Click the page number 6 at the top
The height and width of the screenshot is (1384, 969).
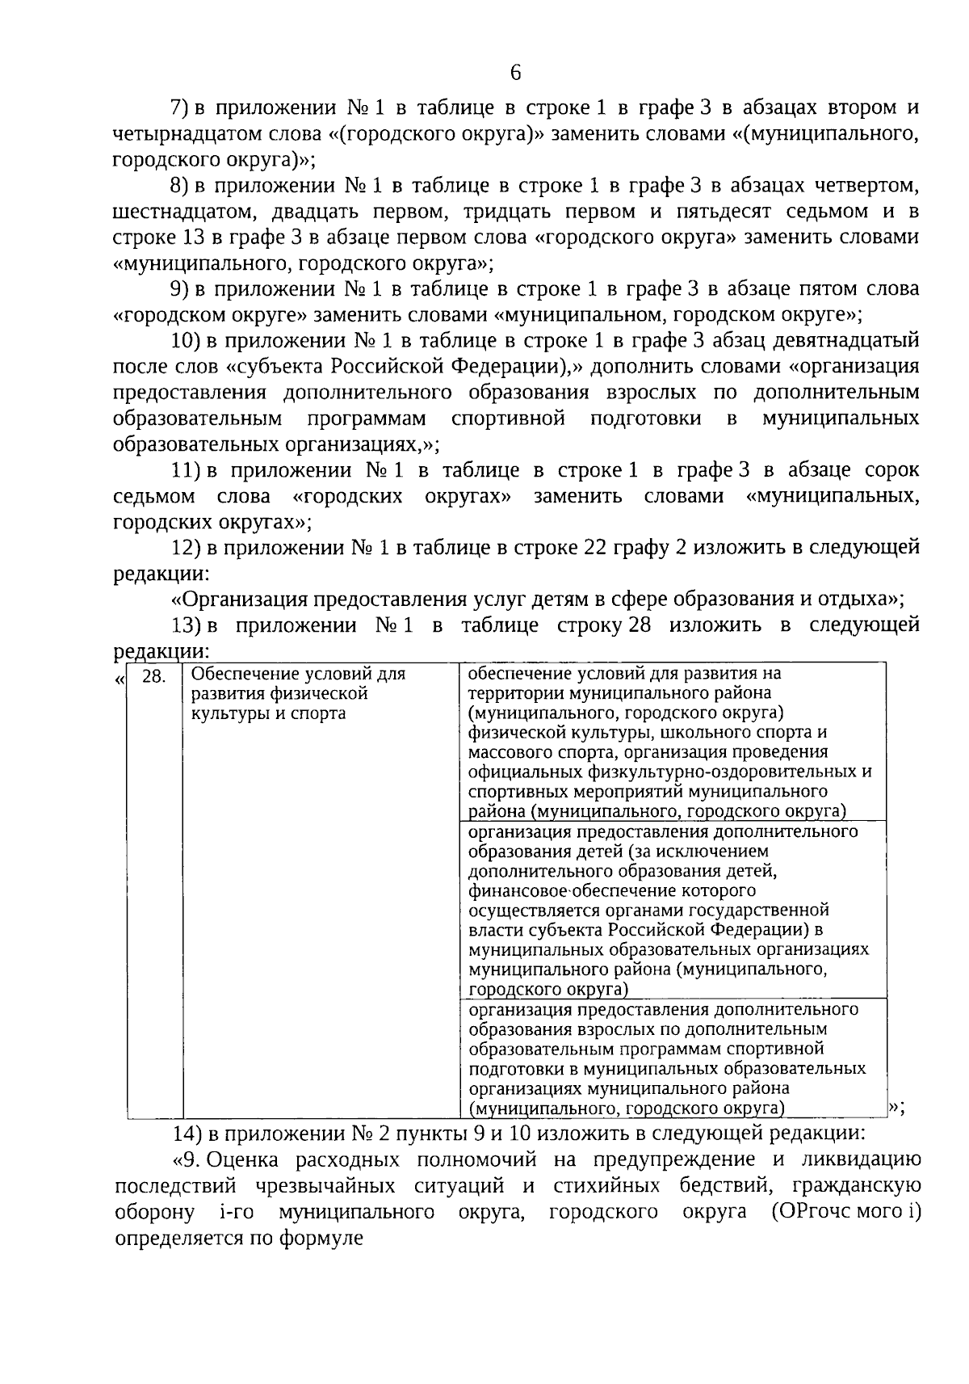pos(515,73)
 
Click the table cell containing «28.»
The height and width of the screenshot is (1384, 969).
pos(154,676)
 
